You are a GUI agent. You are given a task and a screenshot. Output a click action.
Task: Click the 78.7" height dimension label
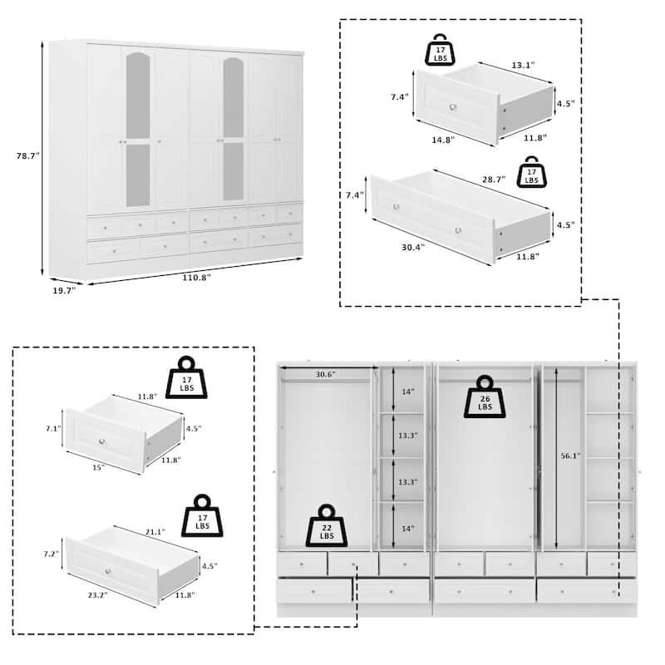click(28, 155)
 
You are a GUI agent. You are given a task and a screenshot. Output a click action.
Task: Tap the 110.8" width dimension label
click(196, 278)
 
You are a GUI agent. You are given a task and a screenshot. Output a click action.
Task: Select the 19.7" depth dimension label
click(64, 290)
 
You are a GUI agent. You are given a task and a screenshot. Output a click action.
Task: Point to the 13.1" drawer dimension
click(523, 65)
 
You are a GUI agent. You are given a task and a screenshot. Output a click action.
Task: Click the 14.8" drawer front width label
click(443, 140)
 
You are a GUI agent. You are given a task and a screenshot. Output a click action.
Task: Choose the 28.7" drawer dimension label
click(494, 180)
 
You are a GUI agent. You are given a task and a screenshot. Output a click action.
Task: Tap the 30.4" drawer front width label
click(413, 247)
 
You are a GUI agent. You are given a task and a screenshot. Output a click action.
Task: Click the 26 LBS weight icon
click(485, 397)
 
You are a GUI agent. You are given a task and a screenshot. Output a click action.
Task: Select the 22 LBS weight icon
click(327, 526)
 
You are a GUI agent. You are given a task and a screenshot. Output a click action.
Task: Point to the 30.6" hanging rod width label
click(326, 374)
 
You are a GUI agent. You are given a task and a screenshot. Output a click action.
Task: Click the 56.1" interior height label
click(570, 456)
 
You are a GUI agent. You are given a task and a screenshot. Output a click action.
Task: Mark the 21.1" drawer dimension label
click(155, 532)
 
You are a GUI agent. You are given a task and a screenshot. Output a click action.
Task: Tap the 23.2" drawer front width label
click(97, 595)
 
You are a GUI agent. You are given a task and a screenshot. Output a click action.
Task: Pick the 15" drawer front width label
click(98, 467)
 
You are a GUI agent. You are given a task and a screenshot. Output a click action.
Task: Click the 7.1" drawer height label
click(53, 428)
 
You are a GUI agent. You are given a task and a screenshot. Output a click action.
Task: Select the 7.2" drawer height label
click(51, 554)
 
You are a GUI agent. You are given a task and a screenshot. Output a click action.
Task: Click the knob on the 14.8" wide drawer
click(453, 107)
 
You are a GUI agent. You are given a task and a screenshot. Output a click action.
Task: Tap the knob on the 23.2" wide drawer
click(108, 571)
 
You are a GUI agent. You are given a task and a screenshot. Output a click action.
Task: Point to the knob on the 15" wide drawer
click(101, 441)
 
